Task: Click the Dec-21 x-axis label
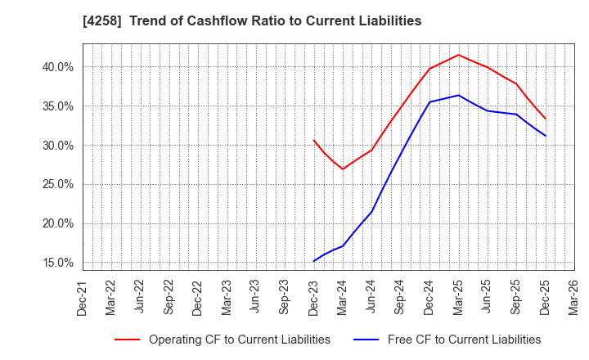coord(83,297)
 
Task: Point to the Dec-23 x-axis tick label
coord(314,297)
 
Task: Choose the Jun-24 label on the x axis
coord(371,297)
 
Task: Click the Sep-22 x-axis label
coord(169,297)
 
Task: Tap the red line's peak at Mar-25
coord(459,55)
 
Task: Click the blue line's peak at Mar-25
coord(459,95)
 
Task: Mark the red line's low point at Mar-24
coord(343,169)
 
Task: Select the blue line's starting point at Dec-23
coord(314,261)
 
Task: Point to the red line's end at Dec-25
coord(546,119)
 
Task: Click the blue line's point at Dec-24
coord(429,102)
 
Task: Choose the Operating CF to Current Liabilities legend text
coord(239,340)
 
